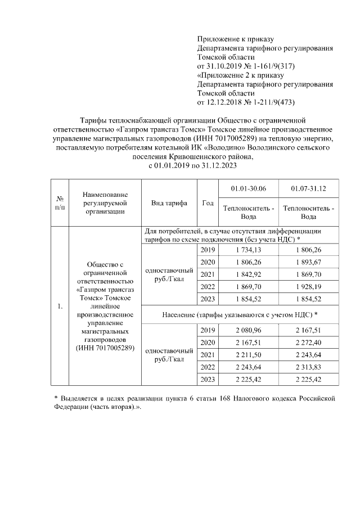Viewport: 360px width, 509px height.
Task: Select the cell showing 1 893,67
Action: click(308, 262)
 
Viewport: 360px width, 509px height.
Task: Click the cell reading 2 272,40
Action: click(308, 342)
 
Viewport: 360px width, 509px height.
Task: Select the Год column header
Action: click(207, 202)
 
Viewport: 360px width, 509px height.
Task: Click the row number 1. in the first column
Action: click(59, 305)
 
